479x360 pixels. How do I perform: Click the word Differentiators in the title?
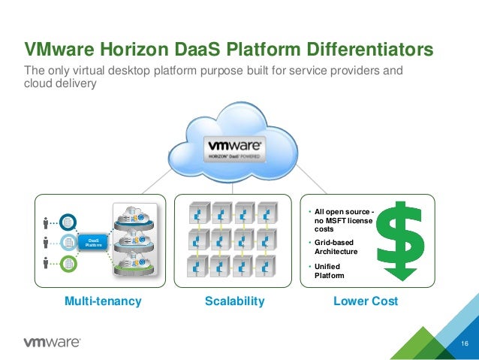tap(367, 50)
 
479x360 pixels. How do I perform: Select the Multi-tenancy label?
tap(103, 301)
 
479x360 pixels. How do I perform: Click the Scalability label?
tap(235, 301)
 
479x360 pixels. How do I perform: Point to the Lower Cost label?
tap(366, 301)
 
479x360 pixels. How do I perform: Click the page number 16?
tap(464, 345)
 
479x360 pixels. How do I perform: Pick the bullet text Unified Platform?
tap(330, 271)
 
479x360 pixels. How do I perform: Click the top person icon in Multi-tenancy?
tap(47, 222)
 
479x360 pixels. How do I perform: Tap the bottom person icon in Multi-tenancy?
tap(47, 263)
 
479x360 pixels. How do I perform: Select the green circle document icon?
tap(69, 263)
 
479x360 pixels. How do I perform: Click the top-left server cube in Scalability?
tap(198, 211)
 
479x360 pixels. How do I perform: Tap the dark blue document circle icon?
tap(69, 222)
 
